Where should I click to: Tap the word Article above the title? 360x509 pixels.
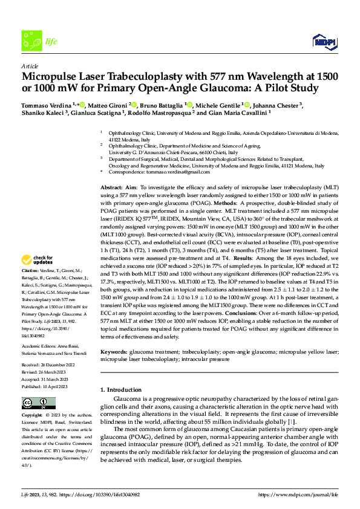[30, 66]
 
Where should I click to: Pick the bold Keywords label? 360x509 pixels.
[114, 351]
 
